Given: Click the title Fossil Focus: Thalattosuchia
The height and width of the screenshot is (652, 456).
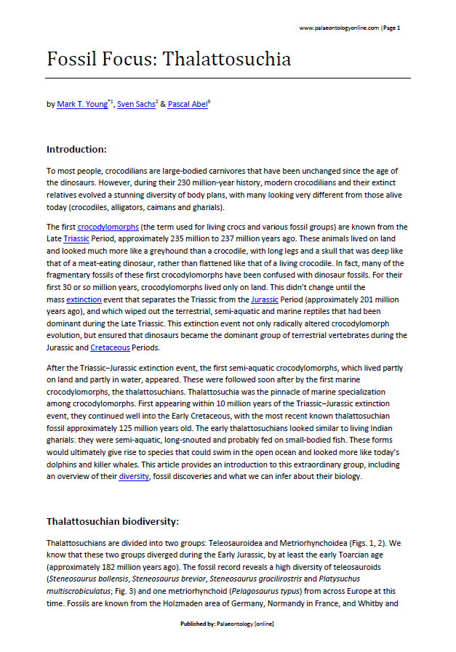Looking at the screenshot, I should (x=169, y=59).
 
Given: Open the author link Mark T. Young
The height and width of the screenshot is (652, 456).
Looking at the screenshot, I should (x=81, y=105).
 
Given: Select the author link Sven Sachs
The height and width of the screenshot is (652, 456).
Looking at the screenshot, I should (x=136, y=105).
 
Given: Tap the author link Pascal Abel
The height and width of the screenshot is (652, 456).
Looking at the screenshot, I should (x=187, y=105).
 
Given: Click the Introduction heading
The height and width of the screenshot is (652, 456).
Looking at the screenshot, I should (x=76, y=149).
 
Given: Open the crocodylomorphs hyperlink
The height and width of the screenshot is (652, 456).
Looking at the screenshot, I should (x=108, y=227).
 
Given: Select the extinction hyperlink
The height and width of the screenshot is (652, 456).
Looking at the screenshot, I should (x=84, y=299).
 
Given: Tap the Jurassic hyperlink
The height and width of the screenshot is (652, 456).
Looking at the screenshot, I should (x=264, y=299).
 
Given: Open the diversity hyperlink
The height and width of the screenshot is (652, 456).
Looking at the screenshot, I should (x=134, y=477).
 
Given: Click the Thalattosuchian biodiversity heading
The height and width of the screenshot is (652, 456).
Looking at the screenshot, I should (x=113, y=521).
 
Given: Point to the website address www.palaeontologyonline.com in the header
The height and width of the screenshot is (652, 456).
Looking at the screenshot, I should (x=339, y=28).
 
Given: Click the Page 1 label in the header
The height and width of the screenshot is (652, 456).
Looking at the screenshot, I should (x=391, y=28).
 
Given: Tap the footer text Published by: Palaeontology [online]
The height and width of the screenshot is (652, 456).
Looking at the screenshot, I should (x=227, y=624).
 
